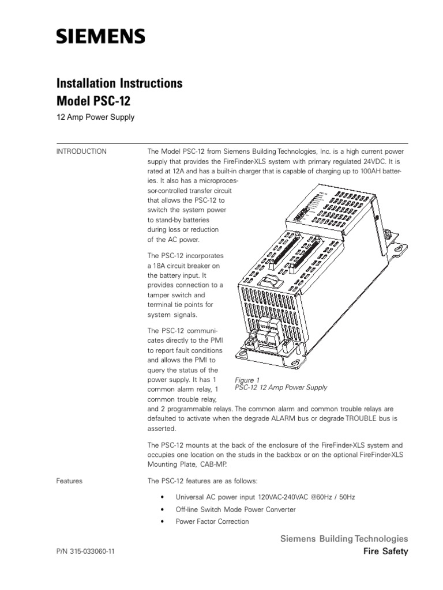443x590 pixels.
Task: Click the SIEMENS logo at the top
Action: click(100, 37)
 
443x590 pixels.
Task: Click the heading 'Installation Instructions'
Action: click(119, 84)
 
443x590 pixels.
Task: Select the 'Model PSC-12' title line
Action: click(93, 101)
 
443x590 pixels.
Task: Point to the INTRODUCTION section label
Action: click(81, 152)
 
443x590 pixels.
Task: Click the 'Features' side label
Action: click(69, 481)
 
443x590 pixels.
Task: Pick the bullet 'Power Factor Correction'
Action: click(212, 521)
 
